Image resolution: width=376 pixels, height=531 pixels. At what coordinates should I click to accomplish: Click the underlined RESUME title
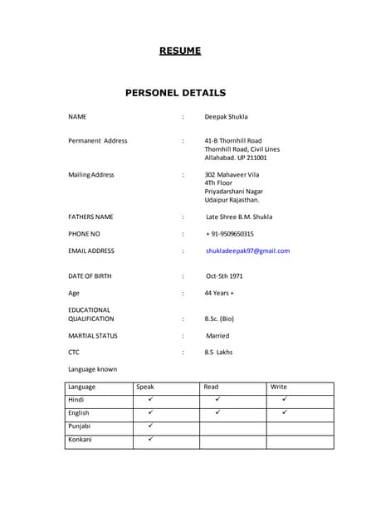180,51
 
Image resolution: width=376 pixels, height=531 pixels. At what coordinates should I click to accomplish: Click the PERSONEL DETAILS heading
175,93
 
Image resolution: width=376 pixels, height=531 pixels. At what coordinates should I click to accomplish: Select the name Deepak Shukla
226,117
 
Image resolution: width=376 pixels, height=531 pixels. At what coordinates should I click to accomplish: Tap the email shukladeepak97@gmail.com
247,251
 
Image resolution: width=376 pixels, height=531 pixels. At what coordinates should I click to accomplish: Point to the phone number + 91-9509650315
229,234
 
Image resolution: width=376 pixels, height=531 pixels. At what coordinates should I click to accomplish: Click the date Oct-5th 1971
224,275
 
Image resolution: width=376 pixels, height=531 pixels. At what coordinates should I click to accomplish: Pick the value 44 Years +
219,293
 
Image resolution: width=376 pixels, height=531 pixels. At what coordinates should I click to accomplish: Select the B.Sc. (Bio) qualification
219,319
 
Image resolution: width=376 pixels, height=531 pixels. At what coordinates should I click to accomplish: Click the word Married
217,336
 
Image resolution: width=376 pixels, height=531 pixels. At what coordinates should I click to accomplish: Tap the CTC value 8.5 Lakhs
218,353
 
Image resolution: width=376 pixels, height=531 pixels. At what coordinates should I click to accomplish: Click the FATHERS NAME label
90,217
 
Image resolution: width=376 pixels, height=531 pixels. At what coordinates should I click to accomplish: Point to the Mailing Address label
91,175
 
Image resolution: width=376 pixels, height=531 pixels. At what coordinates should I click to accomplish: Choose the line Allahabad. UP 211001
236,158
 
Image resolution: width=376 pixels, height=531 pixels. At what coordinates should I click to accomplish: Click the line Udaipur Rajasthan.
232,200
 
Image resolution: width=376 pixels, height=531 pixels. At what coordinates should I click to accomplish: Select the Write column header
279,387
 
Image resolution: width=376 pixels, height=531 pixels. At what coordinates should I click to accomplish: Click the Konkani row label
81,439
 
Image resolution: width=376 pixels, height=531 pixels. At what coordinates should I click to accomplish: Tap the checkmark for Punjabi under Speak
150,426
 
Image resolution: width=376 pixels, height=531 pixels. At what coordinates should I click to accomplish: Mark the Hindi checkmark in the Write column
284,399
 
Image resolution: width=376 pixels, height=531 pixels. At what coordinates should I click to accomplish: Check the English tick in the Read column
217,412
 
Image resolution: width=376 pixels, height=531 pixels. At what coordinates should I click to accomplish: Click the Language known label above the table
92,369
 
